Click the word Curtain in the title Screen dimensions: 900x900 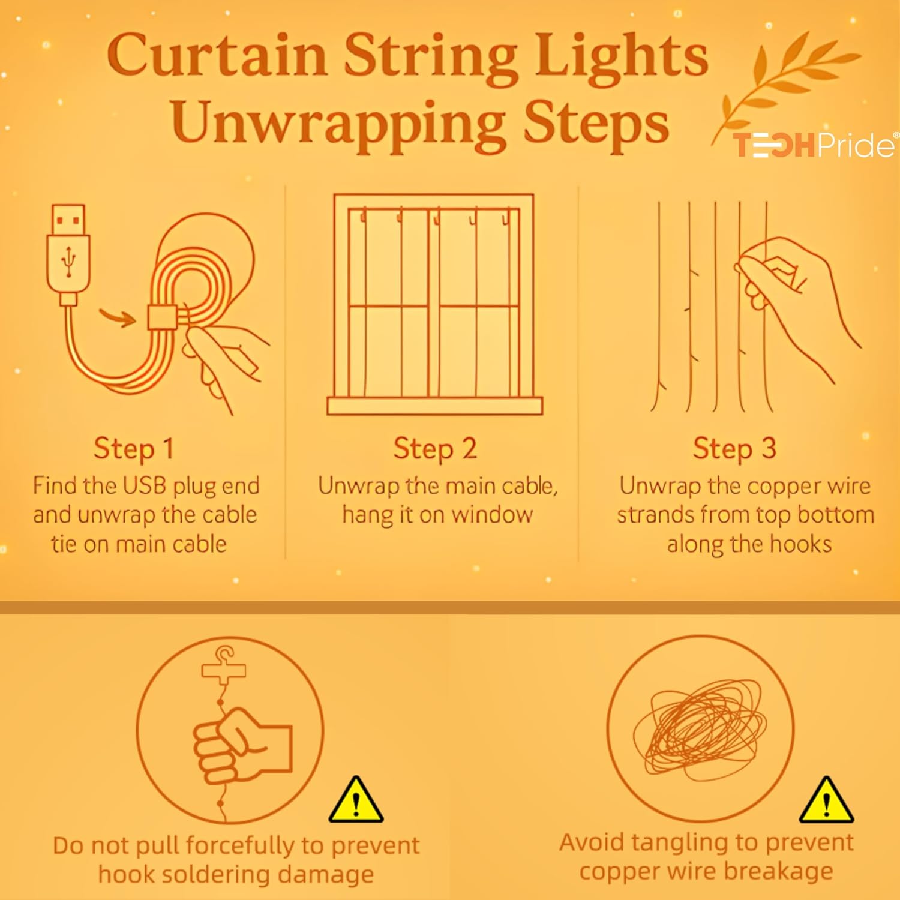click(x=217, y=55)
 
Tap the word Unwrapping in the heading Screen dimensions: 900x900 click(x=338, y=124)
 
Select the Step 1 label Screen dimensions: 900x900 click(x=134, y=448)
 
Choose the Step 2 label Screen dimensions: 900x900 click(x=435, y=448)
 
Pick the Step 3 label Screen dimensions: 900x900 click(x=734, y=448)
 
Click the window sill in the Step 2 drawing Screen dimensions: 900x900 click(x=435, y=406)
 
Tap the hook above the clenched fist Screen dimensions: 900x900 click(x=223, y=664)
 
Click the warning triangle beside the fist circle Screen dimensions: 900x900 click(x=356, y=800)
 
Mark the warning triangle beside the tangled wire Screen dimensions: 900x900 click(x=826, y=800)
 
